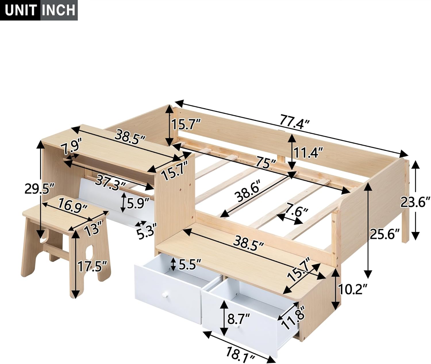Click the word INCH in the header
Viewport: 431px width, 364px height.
[59, 10]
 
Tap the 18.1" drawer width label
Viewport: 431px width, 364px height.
[240, 353]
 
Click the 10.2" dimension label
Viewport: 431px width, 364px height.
[353, 290]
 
